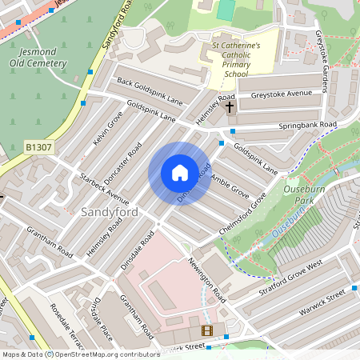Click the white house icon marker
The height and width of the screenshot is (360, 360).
click(x=180, y=173)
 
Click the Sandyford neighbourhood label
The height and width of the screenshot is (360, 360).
click(x=109, y=212)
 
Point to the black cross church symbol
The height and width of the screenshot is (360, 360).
click(x=230, y=106)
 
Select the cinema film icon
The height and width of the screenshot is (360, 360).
click(x=207, y=330)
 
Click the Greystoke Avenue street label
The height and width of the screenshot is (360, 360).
click(x=281, y=94)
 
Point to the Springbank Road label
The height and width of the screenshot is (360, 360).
click(x=308, y=126)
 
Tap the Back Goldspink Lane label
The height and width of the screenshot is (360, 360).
click(x=150, y=92)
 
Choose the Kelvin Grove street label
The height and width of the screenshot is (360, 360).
click(x=107, y=129)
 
